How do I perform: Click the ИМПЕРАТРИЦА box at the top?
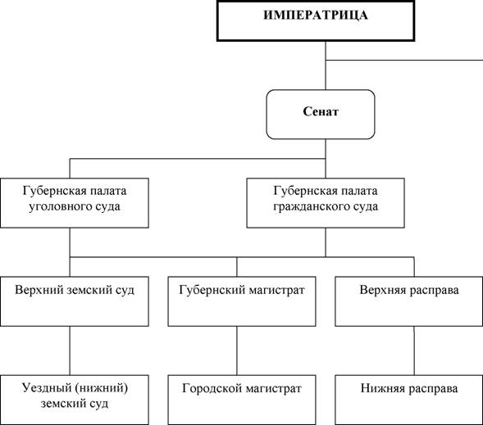pyautogui.click(x=316, y=21)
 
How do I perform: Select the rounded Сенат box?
pyautogui.click(x=321, y=115)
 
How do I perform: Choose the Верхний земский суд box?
pyautogui.click(x=75, y=301)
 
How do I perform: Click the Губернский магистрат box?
pyautogui.click(x=242, y=301)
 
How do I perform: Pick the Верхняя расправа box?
pyautogui.click(x=408, y=301)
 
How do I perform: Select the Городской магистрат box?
pyautogui.click(x=242, y=400)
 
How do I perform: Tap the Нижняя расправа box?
pyautogui.click(x=408, y=400)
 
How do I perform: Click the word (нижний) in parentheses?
pyautogui.click(x=101, y=388)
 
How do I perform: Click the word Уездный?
pyautogui.click(x=46, y=388)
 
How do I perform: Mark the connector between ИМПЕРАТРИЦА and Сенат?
pyautogui.click(x=326, y=66)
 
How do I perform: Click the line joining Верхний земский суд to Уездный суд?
pyautogui.click(x=70, y=350)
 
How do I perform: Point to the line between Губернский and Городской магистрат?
pyautogui.click(x=237, y=350)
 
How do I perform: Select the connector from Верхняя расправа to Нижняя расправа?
pyautogui.click(x=414, y=350)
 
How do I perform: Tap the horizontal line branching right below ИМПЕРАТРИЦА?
pyautogui.click(x=404, y=60)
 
